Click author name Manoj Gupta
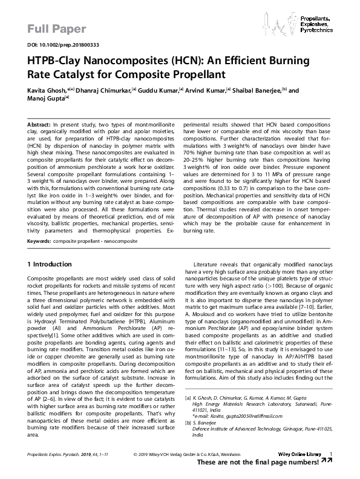coord(47,99)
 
